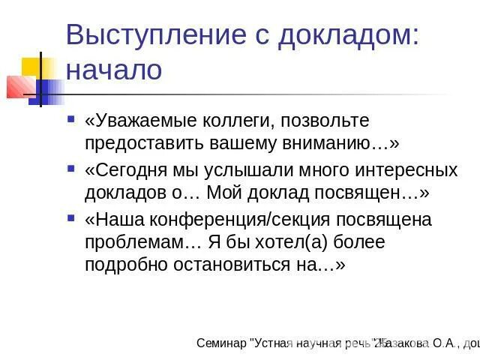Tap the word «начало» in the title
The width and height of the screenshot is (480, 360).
pos(113,70)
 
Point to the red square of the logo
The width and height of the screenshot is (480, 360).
pos(18,87)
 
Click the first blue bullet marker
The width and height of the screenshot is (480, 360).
pos(71,118)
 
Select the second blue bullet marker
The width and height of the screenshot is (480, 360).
pos(71,169)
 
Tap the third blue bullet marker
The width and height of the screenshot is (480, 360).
pos(71,219)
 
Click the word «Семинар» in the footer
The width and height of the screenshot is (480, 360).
pos(222,343)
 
